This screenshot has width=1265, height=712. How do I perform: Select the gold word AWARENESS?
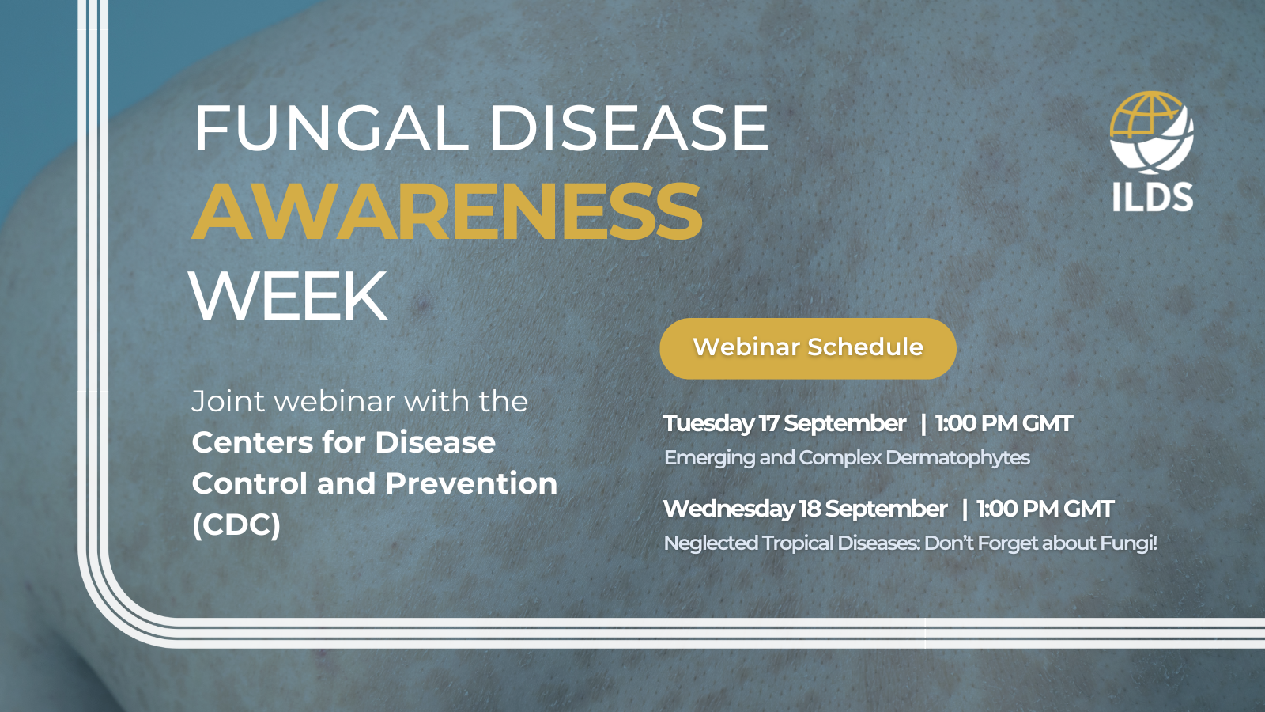point(447,211)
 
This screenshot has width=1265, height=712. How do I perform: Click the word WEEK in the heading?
point(289,296)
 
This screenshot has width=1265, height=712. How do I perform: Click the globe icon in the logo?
point(1151,132)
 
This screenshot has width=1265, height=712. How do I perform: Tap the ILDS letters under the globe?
point(1153,197)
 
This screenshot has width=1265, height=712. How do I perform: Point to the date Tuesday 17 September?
point(784,423)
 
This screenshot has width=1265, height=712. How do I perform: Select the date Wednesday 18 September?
point(805,509)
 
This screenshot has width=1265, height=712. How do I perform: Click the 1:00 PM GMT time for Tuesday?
point(1003,423)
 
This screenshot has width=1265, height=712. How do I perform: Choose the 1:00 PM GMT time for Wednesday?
point(1044,509)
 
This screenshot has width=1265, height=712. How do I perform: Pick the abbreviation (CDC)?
point(236,525)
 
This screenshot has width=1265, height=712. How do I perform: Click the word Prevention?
point(471,483)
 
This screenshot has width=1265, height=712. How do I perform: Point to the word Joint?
point(228,402)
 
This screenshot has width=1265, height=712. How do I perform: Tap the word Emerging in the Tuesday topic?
point(709,458)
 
